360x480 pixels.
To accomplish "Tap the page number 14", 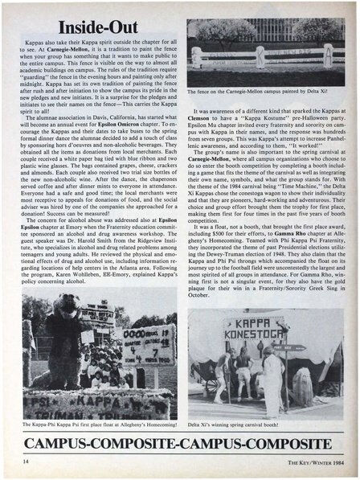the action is point(27,461).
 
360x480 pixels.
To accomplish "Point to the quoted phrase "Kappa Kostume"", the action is point(256,120).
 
